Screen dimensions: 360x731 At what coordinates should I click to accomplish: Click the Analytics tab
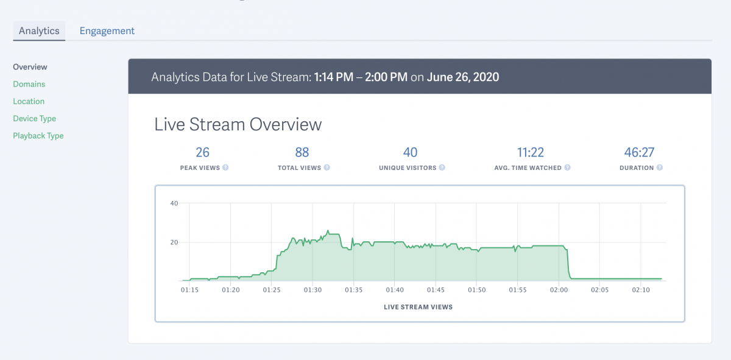point(39,30)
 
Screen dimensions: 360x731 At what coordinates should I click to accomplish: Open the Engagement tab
point(107,30)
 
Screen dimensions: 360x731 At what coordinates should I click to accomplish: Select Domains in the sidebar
point(29,84)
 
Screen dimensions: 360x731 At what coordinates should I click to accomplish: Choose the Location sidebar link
point(29,101)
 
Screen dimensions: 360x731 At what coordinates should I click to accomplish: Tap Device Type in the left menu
point(35,118)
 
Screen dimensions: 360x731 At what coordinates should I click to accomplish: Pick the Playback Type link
point(38,136)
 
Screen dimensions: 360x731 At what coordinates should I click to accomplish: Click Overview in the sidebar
point(30,67)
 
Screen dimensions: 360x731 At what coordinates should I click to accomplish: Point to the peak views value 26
point(202,152)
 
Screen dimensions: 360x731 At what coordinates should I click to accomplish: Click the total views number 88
point(302,152)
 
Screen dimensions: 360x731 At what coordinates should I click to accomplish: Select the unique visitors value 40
point(410,152)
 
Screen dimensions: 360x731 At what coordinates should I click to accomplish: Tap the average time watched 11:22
point(530,152)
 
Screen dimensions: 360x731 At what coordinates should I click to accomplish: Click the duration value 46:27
point(639,152)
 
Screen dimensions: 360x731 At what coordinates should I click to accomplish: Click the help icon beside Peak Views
point(225,168)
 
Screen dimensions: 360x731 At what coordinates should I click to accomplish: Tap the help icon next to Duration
point(660,168)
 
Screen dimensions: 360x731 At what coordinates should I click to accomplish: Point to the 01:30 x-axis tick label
point(312,290)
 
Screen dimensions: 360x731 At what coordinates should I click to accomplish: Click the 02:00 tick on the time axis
point(559,290)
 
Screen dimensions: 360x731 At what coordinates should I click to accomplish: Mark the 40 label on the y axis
point(174,203)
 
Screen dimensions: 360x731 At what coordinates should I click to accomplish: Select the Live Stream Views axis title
point(418,307)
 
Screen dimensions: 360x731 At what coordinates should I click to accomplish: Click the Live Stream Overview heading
point(238,124)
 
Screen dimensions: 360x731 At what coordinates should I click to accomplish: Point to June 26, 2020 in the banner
point(463,77)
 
